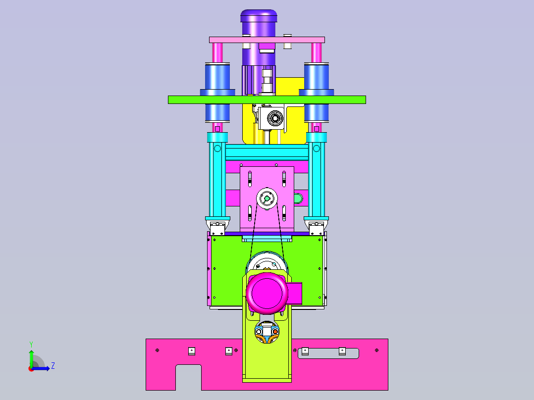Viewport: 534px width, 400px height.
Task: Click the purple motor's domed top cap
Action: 259,16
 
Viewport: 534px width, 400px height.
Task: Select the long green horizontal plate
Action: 267,100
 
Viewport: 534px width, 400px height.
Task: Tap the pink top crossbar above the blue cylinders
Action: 267,40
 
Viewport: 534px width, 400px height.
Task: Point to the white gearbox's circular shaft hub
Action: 274,118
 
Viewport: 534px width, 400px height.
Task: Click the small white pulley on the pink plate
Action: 267,198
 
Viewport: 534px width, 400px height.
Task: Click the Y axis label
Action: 31,345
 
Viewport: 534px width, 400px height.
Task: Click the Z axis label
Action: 53,366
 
